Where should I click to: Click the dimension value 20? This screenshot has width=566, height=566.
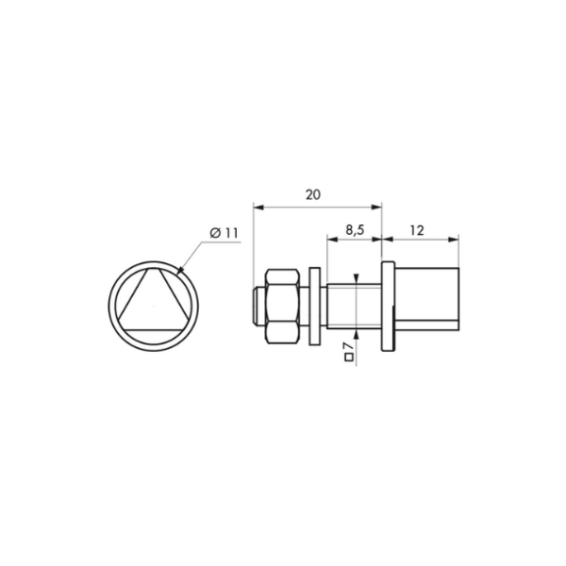coord(313,195)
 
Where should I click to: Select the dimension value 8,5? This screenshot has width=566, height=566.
coord(356,230)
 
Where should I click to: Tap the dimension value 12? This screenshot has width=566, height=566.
coord(417,230)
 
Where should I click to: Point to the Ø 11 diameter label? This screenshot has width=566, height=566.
coord(225,233)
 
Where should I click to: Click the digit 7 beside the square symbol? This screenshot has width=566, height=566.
coord(349,346)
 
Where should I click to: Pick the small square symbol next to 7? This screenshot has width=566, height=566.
coord(349,358)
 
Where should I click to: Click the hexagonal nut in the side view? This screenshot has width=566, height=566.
coord(283,306)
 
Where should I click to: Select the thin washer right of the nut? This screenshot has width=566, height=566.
coord(315,306)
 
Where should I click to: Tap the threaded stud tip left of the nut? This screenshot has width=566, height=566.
coord(258,306)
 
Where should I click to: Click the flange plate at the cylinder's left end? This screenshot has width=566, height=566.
coord(388,306)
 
